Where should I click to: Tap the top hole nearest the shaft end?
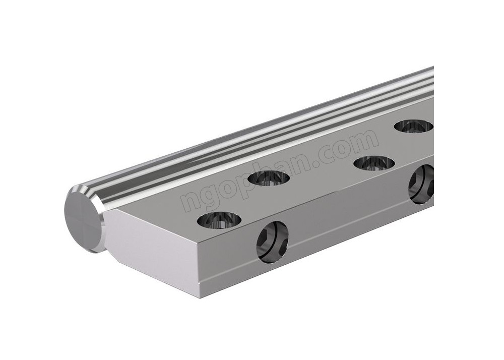pos(220,220)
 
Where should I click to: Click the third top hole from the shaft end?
pos(374,163)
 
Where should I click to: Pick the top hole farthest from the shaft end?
pos(414,127)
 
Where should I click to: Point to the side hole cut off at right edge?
pos(421,185)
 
